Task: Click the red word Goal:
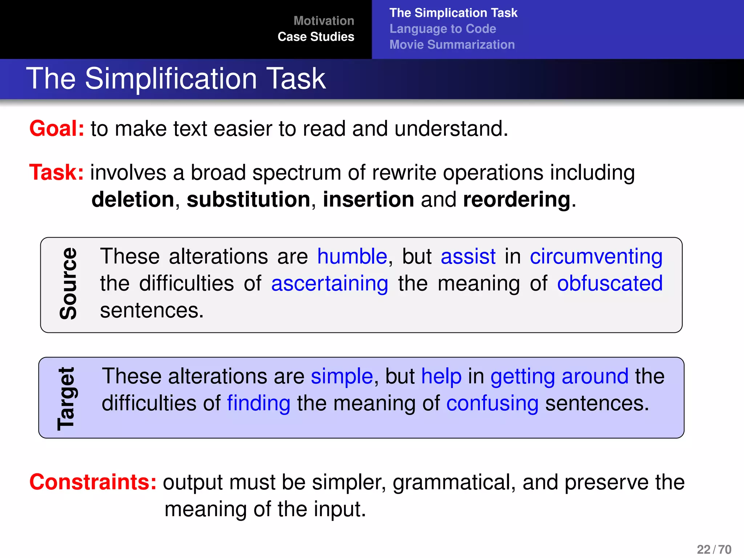tap(57, 129)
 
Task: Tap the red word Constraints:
tap(93, 482)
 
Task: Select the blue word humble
tap(352, 256)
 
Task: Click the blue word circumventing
tap(596, 256)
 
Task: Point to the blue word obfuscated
tap(610, 283)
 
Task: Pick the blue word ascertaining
tap(329, 283)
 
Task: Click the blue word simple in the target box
tap(342, 376)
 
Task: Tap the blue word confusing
tap(492, 403)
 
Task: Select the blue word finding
tap(259, 403)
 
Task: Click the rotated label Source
tap(68, 284)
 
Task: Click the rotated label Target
tap(66, 399)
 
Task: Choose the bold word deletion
tap(133, 199)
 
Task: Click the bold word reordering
tap(517, 199)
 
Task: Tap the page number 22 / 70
tap(713, 549)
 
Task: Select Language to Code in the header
tap(442, 29)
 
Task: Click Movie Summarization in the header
tap(452, 45)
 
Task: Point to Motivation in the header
tap(324, 21)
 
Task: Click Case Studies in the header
tap(316, 37)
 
